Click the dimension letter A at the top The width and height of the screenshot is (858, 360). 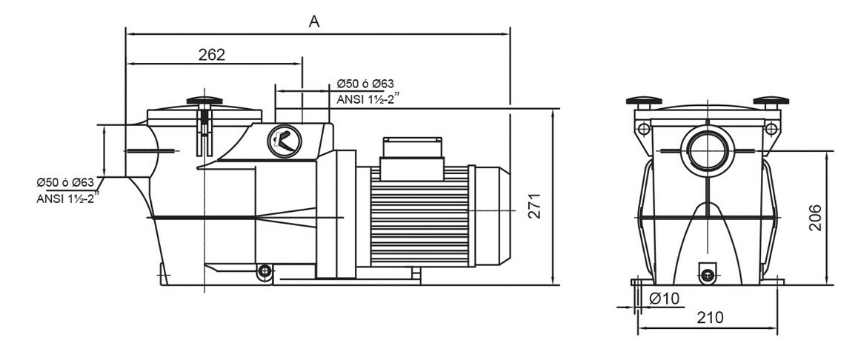(x=314, y=21)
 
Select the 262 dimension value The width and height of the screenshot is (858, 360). (x=211, y=55)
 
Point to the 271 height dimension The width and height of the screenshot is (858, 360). (x=535, y=205)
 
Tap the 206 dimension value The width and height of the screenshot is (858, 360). (x=814, y=217)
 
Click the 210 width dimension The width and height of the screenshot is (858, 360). (x=710, y=318)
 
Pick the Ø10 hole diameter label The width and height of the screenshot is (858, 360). (x=665, y=299)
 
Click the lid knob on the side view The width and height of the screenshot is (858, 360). (x=204, y=101)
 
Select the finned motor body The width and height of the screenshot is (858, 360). (x=419, y=215)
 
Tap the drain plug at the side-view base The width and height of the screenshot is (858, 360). (x=263, y=272)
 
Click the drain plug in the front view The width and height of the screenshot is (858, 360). (x=707, y=275)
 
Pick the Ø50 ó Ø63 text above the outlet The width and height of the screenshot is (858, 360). (x=365, y=84)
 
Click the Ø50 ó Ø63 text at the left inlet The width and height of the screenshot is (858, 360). (x=64, y=182)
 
